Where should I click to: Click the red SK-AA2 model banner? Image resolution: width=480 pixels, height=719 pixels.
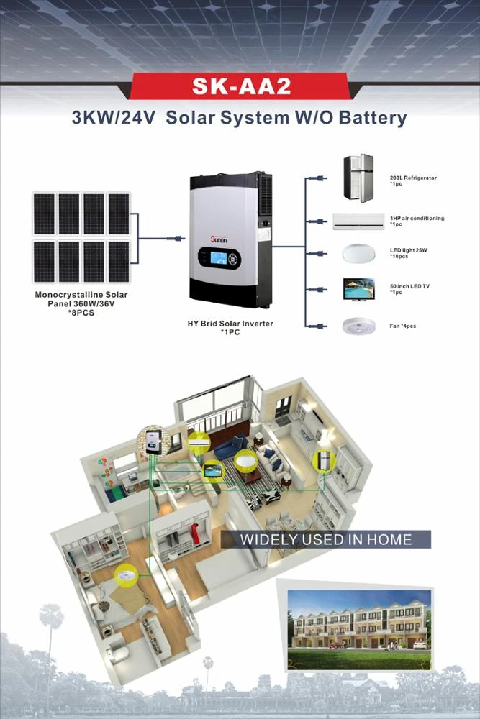point(240,86)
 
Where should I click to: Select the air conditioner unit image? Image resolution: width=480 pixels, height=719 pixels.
point(358,221)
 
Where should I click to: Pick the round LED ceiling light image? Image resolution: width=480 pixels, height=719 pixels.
point(358,256)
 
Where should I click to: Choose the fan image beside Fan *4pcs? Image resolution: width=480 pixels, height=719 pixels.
point(358,325)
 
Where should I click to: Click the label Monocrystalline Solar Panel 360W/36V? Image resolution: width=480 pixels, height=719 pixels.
point(81,299)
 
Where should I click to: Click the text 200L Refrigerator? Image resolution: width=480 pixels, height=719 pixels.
point(413,178)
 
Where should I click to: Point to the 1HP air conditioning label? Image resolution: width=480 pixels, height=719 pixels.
point(417,219)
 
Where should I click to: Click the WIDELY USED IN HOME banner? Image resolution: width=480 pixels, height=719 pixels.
point(325,539)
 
